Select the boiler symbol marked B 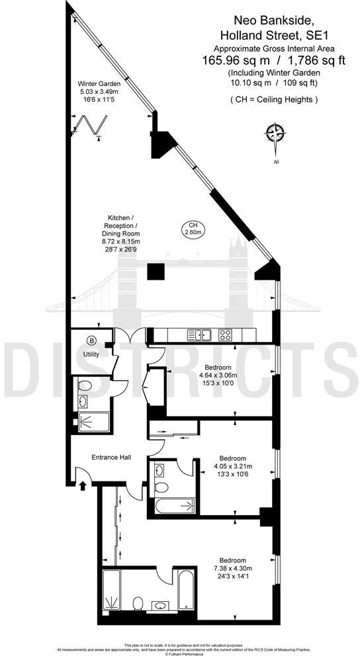[91, 341]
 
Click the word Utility [91, 354]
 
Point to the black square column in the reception [156, 272]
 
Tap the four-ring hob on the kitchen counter [225, 334]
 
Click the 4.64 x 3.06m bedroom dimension [218, 374]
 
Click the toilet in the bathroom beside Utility [84, 386]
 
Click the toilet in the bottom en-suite [137, 603]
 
